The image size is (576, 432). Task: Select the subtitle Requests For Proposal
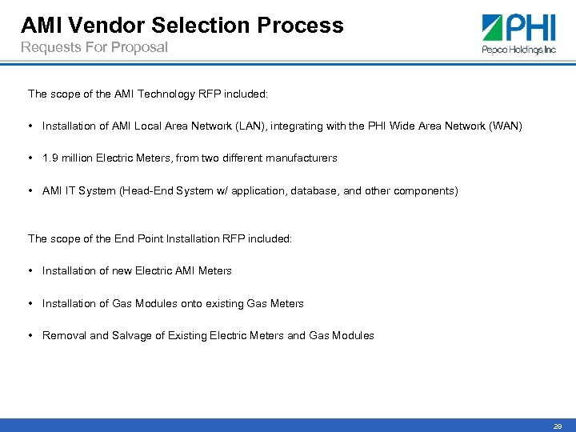click(x=94, y=47)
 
